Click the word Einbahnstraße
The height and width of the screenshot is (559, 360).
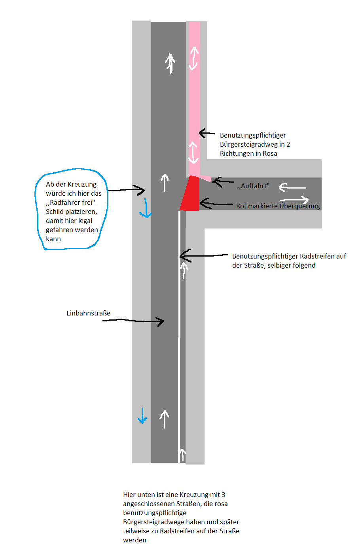coord(88,313)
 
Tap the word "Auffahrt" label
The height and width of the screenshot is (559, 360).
coord(253,186)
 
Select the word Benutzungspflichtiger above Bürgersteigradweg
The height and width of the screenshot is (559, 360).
coord(253,135)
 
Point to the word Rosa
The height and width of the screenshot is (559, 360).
coord(270,153)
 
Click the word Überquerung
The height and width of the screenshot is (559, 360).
coord(299,206)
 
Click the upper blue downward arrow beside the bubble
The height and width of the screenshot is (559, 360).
coord(146,208)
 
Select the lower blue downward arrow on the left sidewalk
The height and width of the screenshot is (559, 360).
coord(142,416)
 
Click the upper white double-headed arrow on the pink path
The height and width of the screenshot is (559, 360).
coord(194,59)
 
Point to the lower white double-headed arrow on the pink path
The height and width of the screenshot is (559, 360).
coord(193,153)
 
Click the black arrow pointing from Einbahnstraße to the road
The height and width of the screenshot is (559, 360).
coord(133,321)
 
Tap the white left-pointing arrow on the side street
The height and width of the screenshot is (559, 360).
coord(292,187)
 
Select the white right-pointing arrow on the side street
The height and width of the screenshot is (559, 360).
coord(294,200)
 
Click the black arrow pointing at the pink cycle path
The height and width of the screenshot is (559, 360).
coord(207,133)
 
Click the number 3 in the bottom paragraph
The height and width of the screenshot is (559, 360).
coord(224,495)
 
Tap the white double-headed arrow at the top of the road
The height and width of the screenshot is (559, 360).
coord(170,64)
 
